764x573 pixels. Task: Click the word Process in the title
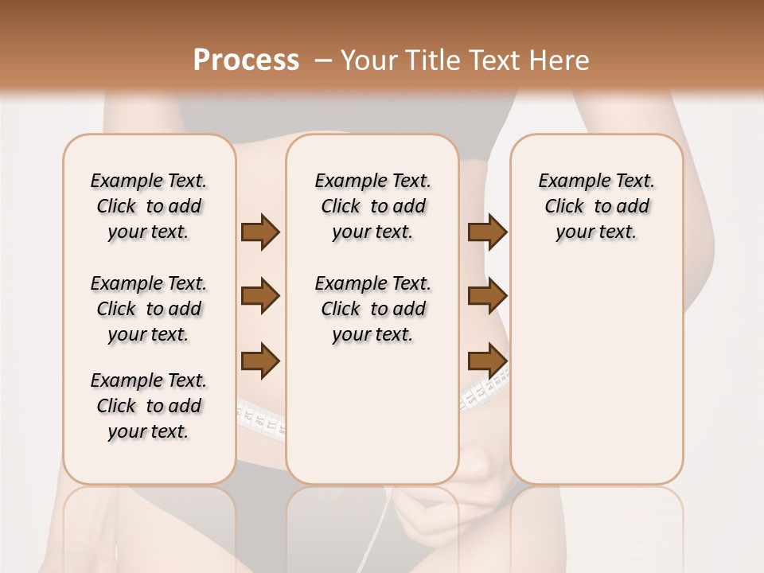(246, 60)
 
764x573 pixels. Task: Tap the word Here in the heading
(560, 60)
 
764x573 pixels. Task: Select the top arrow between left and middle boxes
(260, 232)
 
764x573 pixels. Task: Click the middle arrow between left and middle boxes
(260, 296)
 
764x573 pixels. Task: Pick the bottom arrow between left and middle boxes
(260, 361)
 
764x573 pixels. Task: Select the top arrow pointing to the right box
(487, 232)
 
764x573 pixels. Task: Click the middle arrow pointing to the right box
(487, 296)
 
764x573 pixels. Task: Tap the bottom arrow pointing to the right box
(487, 361)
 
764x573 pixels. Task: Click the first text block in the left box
(149, 206)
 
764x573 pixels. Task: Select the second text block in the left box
(149, 309)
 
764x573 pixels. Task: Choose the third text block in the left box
(149, 406)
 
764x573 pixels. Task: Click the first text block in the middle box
(372, 206)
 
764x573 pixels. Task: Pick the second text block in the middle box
(372, 309)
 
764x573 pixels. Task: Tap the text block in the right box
(596, 206)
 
